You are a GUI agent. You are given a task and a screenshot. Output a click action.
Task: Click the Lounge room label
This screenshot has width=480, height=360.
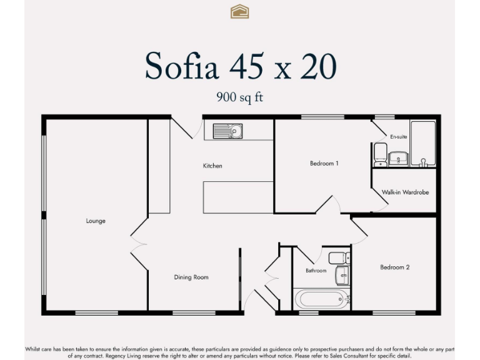click(96, 221)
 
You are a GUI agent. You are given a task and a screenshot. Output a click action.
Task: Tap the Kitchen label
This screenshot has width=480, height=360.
click(212, 166)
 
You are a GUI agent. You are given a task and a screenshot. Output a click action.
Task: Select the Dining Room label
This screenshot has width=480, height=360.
click(191, 277)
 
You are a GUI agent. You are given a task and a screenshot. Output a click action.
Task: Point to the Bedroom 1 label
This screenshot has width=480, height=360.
click(324, 164)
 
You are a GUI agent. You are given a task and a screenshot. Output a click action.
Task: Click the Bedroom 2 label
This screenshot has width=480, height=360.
click(395, 267)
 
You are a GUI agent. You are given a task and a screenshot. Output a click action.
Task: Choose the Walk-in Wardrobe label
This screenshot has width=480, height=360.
click(405, 192)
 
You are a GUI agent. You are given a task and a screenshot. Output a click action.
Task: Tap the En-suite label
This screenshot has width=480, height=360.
click(398, 136)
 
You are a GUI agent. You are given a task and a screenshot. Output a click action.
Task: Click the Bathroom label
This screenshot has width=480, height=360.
click(316, 271)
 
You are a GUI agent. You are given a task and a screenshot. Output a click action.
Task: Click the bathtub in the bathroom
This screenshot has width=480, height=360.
click(322, 298)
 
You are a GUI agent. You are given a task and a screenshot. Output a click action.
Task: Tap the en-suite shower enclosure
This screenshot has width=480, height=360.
click(423, 144)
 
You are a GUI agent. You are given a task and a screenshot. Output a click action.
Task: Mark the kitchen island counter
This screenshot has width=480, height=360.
click(238, 197)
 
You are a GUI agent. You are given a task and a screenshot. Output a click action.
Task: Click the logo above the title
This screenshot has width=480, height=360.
click(240, 11)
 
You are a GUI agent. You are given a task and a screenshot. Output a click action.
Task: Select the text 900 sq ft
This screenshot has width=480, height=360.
click(240, 97)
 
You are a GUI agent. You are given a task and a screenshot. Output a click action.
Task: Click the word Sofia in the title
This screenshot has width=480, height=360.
click(182, 66)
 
